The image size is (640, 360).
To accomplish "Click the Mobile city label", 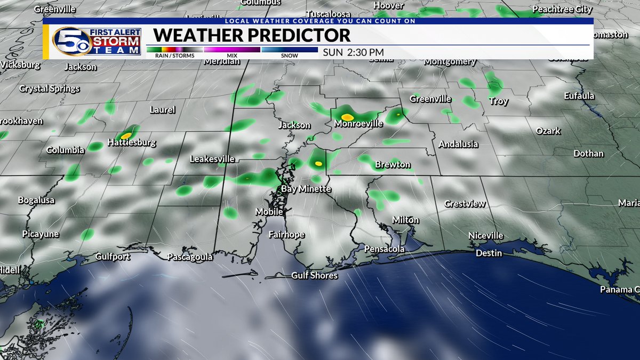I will point(269,212).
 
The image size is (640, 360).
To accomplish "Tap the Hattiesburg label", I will point(132,143).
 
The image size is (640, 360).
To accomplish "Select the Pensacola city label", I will point(384,249).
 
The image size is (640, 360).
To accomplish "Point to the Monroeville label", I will point(358,124).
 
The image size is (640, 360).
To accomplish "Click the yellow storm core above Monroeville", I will point(347,116).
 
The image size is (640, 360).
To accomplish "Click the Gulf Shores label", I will point(314,276).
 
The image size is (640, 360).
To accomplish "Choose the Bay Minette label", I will point(306,189).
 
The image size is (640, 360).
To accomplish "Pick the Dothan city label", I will point(588,154).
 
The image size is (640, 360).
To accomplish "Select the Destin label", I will point(489,253).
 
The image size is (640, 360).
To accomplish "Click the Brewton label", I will point(393,165).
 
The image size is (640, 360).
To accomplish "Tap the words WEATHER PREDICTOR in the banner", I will point(252,36).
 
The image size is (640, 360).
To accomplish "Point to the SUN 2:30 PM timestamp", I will point(353,52).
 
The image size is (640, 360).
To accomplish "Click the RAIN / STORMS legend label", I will point(166,55).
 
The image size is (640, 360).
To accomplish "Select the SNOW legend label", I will point(289,55).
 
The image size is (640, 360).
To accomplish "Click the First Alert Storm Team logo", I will point(97,41).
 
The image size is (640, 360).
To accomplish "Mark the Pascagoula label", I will point(190,257).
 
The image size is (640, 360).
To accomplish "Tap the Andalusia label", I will point(458,144).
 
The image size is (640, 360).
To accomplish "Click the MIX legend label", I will point(231,55).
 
